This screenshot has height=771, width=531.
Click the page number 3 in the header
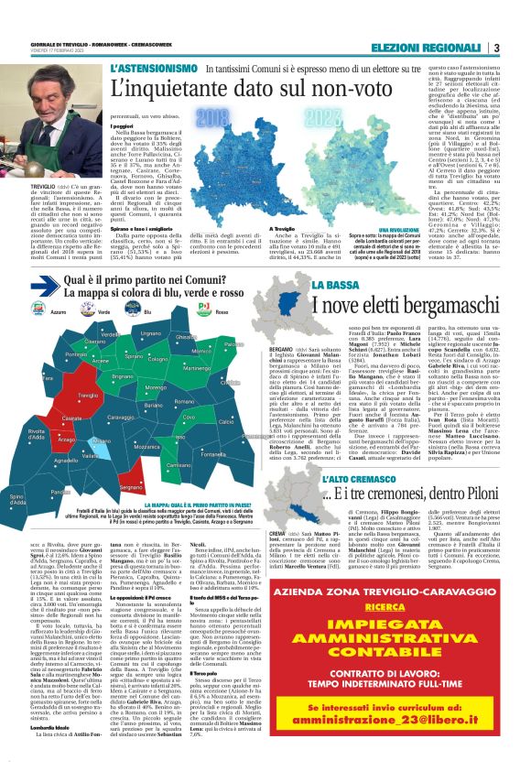click(495, 48)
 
